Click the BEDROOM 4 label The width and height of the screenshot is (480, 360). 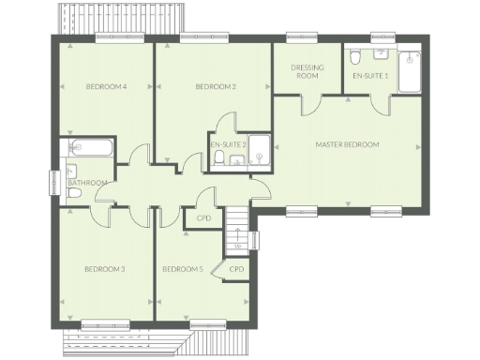tap(106, 87)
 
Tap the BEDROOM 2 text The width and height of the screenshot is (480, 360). tap(215, 87)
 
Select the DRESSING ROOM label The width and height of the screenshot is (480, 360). tap(307, 71)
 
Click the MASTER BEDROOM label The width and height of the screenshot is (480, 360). tap(347, 144)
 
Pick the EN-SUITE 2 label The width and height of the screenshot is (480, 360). tap(228, 144)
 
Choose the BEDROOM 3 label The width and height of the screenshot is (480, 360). tap(105, 269)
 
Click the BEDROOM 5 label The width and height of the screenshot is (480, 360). tap(182, 269)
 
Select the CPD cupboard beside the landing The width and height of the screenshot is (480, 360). tap(203, 218)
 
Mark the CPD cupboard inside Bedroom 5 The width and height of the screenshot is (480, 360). tap(236, 269)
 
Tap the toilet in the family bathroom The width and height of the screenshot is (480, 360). tap(73, 193)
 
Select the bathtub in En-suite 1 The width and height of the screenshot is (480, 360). tap(411, 71)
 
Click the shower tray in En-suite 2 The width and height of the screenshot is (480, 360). tap(260, 150)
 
